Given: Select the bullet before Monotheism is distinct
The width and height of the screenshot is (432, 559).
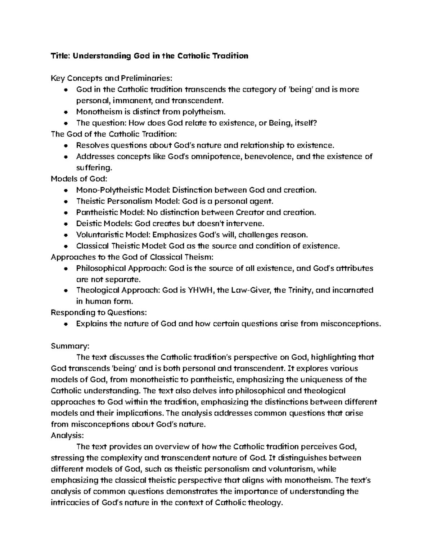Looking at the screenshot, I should (x=66, y=112).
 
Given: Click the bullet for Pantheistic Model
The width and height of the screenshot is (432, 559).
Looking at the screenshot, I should (x=66, y=212).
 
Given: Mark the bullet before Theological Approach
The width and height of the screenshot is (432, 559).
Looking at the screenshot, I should (x=66, y=290).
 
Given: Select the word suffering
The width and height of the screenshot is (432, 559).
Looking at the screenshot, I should (x=94, y=167).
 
